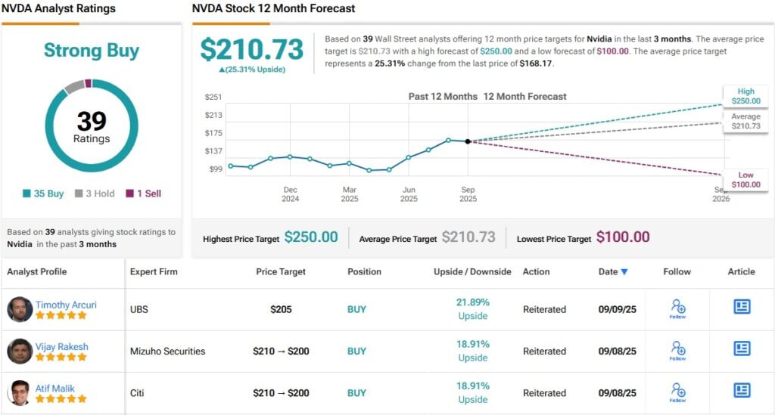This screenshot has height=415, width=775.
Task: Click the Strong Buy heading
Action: pyautogui.click(x=92, y=51)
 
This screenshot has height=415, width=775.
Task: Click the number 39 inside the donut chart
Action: pyautogui.click(x=92, y=121)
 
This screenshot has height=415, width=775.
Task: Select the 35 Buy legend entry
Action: pyautogui.click(x=44, y=194)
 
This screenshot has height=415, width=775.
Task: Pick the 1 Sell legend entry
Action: pyautogui.click(x=144, y=194)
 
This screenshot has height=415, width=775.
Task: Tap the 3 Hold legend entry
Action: pyautogui.click(x=95, y=194)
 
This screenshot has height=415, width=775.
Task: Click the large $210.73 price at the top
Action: pyautogui.click(x=251, y=50)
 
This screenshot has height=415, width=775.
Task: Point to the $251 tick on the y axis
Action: pyautogui.click(x=213, y=97)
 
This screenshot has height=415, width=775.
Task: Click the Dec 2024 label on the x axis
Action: pyautogui.click(x=291, y=194)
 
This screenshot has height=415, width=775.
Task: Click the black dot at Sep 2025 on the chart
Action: pyautogui.click(x=468, y=141)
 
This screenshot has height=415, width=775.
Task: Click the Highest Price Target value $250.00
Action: pyautogui.click(x=311, y=237)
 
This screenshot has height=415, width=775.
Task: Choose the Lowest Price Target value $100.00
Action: pyautogui.click(x=623, y=237)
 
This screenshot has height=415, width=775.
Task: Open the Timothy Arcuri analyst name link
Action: pyautogui.click(x=66, y=305)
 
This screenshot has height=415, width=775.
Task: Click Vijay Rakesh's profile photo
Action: pyautogui.click(x=20, y=351)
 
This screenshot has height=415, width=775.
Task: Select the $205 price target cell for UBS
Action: pyautogui.click(x=282, y=309)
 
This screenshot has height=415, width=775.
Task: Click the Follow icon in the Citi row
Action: pyautogui.click(x=677, y=391)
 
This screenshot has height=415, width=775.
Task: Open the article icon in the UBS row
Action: pyautogui.click(x=742, y=306)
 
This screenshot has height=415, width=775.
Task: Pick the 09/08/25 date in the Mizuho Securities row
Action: pyautogui.click(x=618, y=351)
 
